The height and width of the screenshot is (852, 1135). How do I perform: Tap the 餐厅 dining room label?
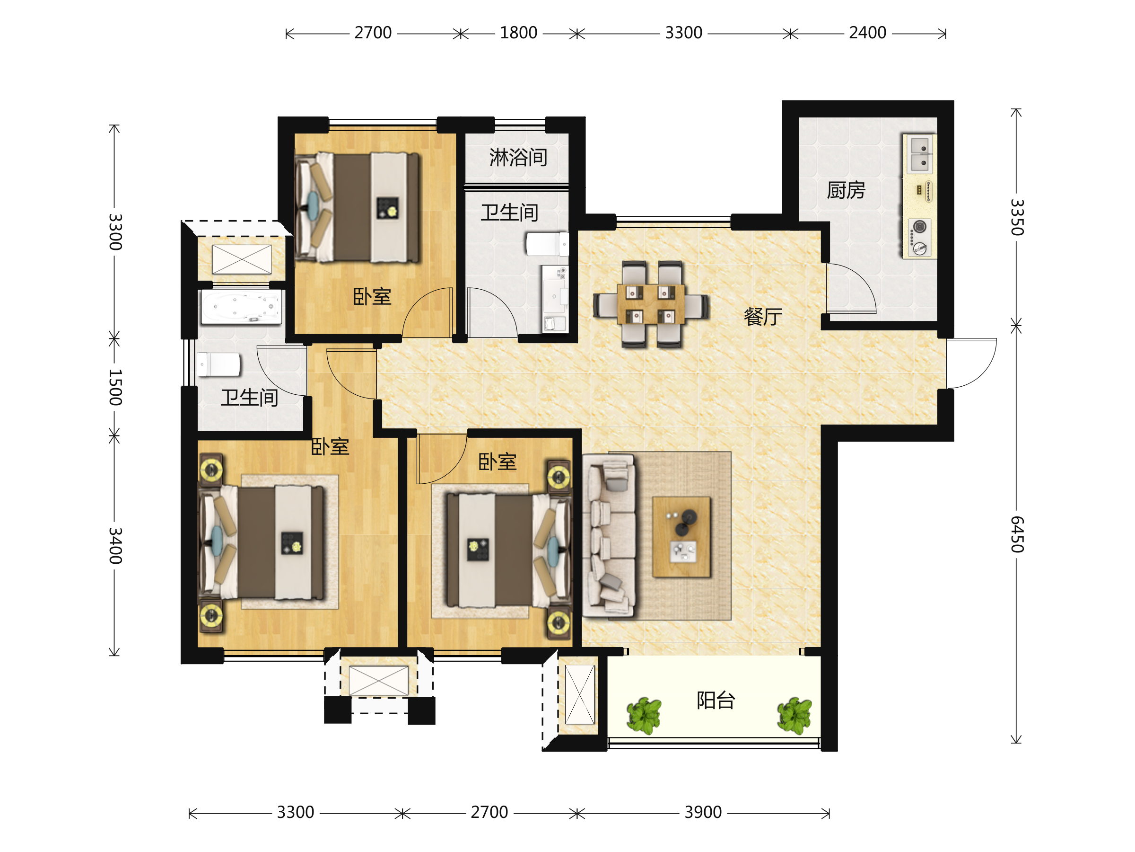coord(763,317)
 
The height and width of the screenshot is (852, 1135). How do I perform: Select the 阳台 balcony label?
coord(716,700)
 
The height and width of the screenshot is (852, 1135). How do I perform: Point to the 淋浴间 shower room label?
coord(518,157)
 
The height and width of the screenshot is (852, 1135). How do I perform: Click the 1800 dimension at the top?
coord(518,33)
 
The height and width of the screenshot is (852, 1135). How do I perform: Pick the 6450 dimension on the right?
coord(1016,534)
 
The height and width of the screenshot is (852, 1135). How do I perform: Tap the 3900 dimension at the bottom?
coord(703,812)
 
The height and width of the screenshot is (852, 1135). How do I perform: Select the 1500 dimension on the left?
coord(115,387)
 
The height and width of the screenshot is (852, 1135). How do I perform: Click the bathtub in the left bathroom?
coord(241,307)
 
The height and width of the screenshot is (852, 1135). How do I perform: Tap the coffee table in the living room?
coord(681,537)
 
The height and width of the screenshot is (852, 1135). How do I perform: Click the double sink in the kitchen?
coord(919,154)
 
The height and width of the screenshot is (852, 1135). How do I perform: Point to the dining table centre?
coord(651,304)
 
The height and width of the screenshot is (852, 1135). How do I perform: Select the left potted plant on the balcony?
coord(644,715)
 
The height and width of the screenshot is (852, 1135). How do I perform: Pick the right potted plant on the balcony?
coord(794,715)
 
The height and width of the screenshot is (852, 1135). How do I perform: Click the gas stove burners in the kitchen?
coord(919,238)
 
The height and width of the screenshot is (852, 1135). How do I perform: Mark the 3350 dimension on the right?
coord(1016,217)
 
